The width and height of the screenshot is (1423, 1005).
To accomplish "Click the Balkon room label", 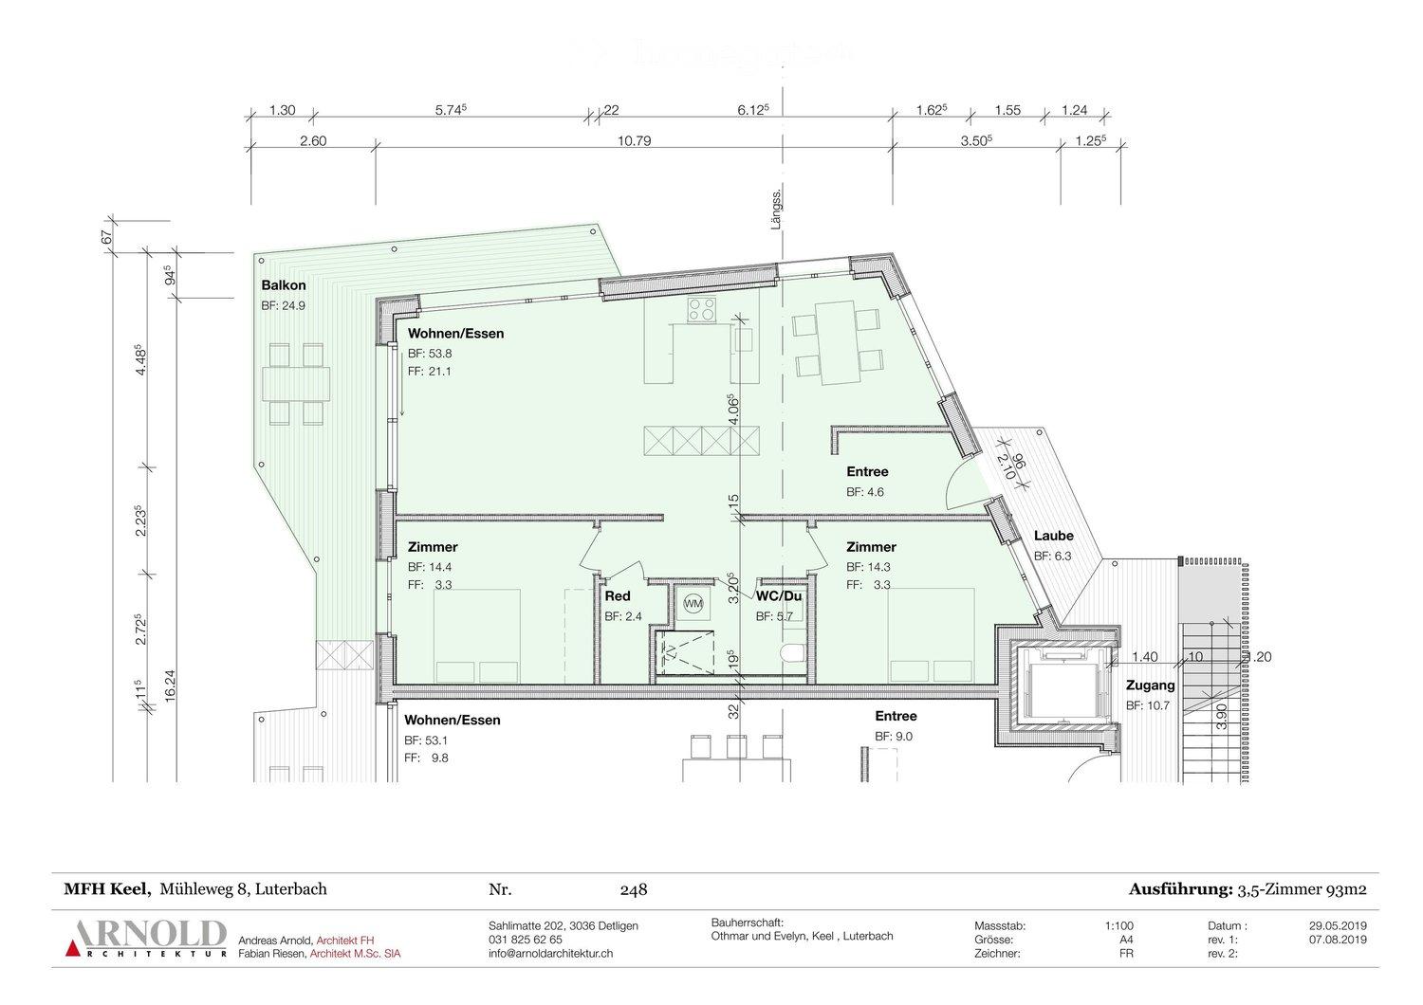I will (284, 285).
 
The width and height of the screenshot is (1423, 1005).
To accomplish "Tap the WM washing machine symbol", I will (693, 603).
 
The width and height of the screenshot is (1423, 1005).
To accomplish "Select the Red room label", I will (618, 596).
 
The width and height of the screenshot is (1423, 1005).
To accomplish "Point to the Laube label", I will (1053, 537).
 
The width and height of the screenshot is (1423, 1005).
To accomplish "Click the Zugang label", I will (1150, 685).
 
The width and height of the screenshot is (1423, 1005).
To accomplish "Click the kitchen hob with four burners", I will (702, 309).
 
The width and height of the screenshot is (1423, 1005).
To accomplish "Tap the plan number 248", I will (633, 889).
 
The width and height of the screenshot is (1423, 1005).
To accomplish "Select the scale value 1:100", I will (1119, 925).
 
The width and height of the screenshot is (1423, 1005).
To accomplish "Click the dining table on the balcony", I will (295, 384).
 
